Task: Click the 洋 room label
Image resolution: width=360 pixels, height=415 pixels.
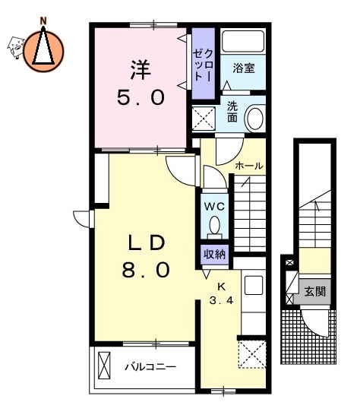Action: click(x=140, y=69)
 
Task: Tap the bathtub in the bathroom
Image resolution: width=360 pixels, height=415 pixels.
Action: click(x=242, y=43)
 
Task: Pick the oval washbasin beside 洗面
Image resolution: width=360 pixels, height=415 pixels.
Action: click(x=255, y=118)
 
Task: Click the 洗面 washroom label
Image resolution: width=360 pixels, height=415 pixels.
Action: click(x=232, y=113)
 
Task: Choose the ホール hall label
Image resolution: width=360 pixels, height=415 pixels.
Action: click(x=248, y=166)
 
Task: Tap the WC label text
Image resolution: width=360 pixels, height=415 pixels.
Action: click(x=213, y=206)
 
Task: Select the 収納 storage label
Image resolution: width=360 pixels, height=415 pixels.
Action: click(x=214, y=255)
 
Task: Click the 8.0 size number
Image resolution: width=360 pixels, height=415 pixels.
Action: click(x=145, y=270)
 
